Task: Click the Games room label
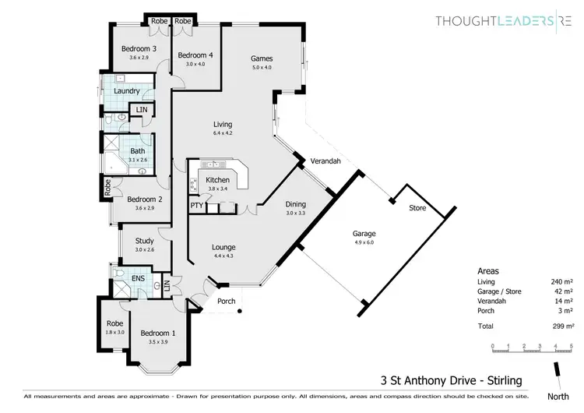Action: point(261,58)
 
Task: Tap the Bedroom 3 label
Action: point(139,49)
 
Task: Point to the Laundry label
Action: point(126,91)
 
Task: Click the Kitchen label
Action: point(217,180)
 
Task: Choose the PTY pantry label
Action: point(196,206)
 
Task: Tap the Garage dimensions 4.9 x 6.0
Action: point(364,242)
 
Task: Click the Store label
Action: point(418,208)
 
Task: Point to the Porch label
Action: point(227,302)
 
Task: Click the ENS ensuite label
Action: point(138,278)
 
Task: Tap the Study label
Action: point(144,242)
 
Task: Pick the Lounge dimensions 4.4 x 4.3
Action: point(223,256)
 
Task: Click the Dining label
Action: point(295,204)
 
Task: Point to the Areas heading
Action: point(488,270)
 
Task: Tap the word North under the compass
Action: point(558,397)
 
